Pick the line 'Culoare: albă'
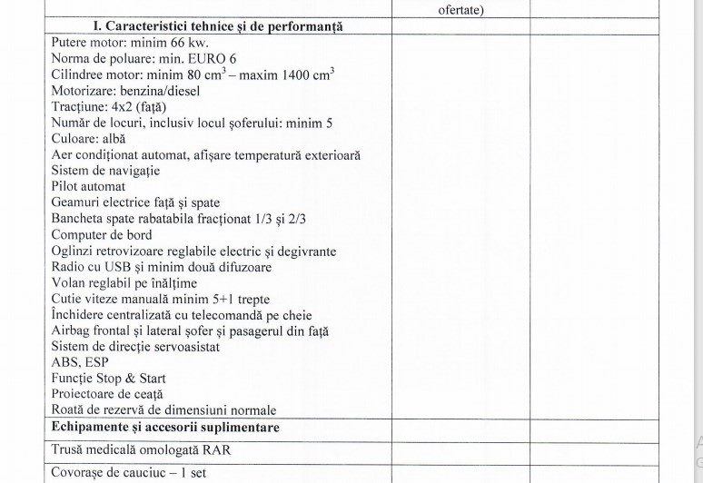[88, 139]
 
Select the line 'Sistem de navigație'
[106, 171]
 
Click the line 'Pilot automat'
[89, 187]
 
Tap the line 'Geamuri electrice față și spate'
[135, 202]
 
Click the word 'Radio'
[68, 267]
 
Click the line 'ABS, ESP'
[80, 362]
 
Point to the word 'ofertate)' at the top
[461, 10]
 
